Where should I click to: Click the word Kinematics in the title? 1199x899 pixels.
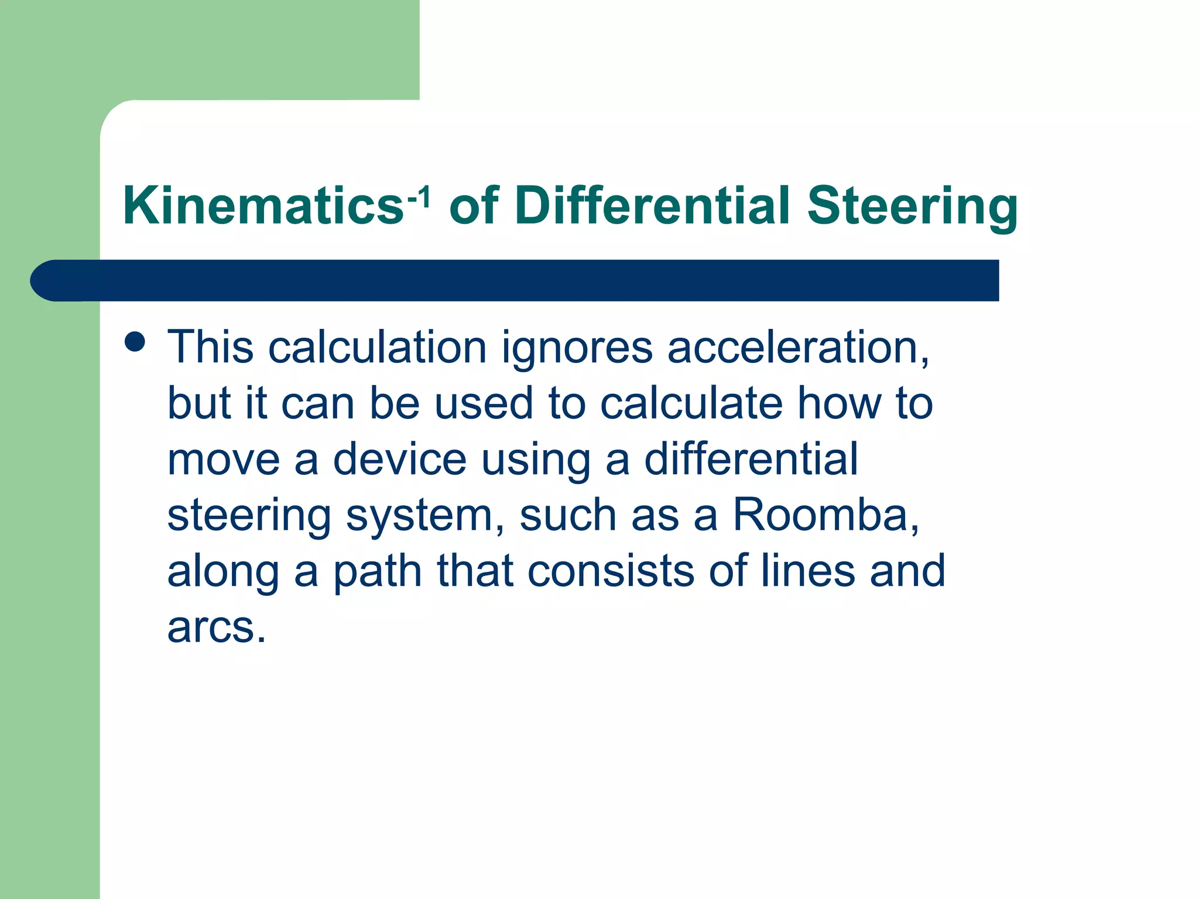[263, 205]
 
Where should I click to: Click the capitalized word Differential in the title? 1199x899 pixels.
[653, 205]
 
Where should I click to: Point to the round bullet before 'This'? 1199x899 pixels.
[135, 341]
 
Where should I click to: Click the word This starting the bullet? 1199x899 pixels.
[210, 347]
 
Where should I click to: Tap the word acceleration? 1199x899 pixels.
[798, 348]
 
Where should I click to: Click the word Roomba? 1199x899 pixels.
[825, 516]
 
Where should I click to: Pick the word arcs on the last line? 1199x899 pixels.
[217, 627]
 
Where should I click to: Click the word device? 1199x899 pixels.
[400, 459]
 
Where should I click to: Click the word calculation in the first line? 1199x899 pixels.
[378, 347]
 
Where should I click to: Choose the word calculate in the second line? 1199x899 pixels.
[691, 403]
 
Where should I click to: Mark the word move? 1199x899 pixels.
[224, 459]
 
